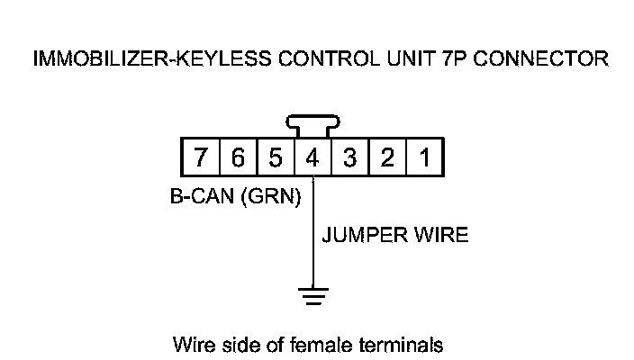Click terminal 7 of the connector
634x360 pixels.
pos(201,159)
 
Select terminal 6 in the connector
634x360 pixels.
pos(238,159)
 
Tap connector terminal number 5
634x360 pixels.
pos(276,159)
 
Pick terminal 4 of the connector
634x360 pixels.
pos(312,159)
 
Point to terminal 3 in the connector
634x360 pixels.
pos(350,159)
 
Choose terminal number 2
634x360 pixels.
pos(387,159)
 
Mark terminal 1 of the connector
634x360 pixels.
pos(424,159)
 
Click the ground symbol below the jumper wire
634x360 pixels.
pos(312,293)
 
